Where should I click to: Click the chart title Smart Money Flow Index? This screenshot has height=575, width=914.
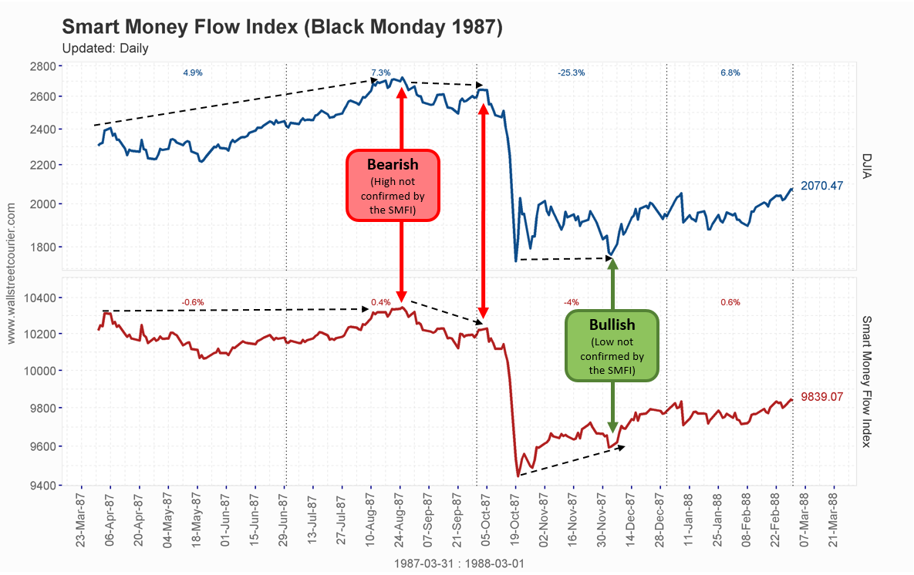click(282, 27)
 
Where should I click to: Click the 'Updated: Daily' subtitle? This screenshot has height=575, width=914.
click(105, 49)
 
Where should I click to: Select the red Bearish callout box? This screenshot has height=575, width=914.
click(393, 185)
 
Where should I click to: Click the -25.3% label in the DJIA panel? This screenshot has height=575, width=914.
click(571, 73)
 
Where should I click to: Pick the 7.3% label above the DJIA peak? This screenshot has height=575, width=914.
click(381, 72)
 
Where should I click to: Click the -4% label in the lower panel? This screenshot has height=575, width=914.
click(571, 302)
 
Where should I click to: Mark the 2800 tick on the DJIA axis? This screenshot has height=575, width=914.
click(42, 66)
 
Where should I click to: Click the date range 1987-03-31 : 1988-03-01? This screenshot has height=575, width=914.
click(458, 563)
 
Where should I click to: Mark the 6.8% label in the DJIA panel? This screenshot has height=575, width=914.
click(730, 73)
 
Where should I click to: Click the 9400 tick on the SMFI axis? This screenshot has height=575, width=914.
click(42, 486)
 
